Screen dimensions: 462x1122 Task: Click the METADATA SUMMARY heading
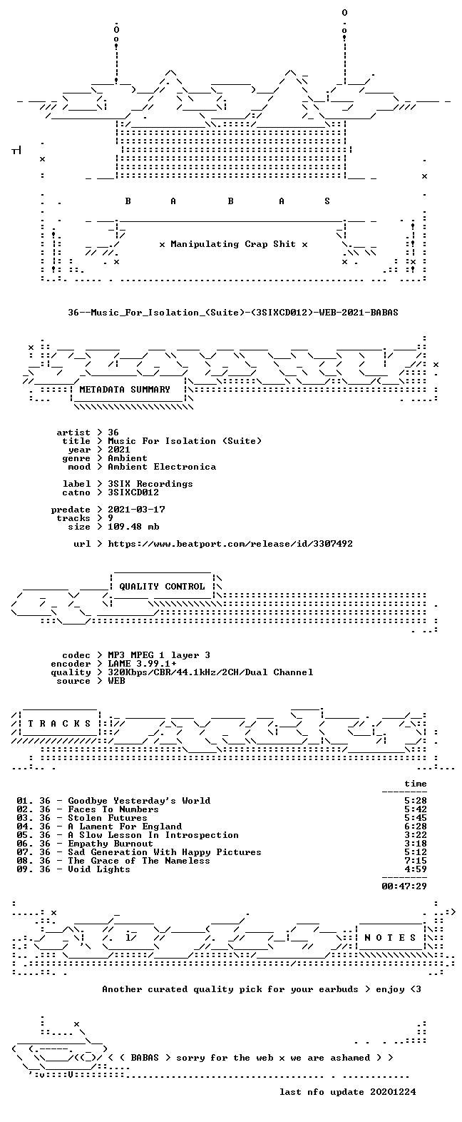click(125, 389)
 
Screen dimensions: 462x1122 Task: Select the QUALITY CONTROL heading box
click(162, 586)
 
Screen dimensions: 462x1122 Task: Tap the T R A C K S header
click(60, 723)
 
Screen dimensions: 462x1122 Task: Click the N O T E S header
click(390, 937)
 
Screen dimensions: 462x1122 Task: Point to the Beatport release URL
click(230, 543)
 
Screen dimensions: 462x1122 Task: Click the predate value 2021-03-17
click(136, 510)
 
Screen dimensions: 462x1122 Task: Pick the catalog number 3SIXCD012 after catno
click(133, 492)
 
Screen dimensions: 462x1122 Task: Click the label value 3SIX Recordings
click(150, 484)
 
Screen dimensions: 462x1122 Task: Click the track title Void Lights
click(99, 869)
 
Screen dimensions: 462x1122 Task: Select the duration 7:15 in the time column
click(416, 861)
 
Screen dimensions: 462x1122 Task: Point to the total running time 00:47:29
click(404, 886)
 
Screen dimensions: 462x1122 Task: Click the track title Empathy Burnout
click(111, 844)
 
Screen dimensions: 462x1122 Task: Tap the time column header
click(416, 784)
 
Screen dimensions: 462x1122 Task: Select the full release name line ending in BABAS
click(232, 312)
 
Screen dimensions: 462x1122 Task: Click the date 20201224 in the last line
click(393, 1091)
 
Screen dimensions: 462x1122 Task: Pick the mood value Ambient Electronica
click(162, 467)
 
